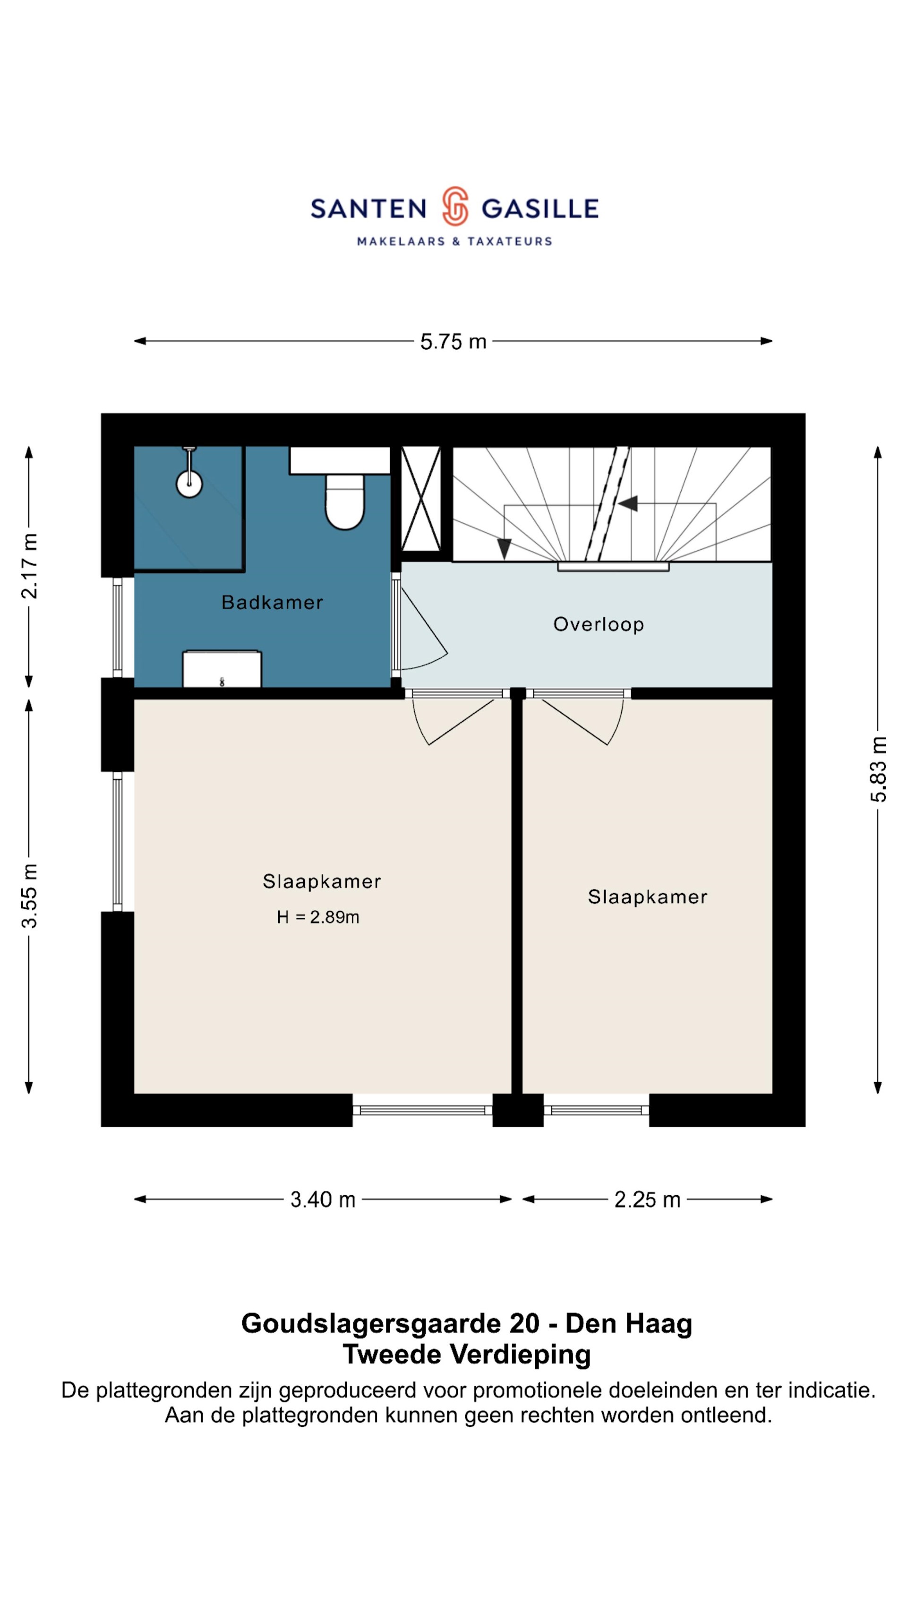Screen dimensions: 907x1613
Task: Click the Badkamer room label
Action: (x=272, y=603)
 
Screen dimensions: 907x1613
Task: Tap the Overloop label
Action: (x=599, y=624)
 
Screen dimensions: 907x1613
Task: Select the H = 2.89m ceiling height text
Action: (x=318, y=917)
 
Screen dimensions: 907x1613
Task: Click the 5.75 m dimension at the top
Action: (x=453, y=342)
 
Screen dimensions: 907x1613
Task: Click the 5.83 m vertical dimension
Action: (x=878, y=769)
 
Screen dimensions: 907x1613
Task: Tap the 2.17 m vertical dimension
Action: (x=29, y=566)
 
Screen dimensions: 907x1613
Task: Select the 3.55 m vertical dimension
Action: (x=29, y=896)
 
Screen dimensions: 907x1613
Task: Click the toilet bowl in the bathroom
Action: (x=345, y=501)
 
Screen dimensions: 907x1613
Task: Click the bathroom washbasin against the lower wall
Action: (x=222, y=669)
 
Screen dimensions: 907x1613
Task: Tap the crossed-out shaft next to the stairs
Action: (x=420, y=499)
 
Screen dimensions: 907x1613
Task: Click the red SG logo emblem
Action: (x=455, y=206)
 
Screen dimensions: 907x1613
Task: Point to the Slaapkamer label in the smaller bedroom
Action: (x=647, y=897)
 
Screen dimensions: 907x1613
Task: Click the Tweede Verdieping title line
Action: (x=467, y=1354)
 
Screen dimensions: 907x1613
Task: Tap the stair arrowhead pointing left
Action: (x=628, y=503)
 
